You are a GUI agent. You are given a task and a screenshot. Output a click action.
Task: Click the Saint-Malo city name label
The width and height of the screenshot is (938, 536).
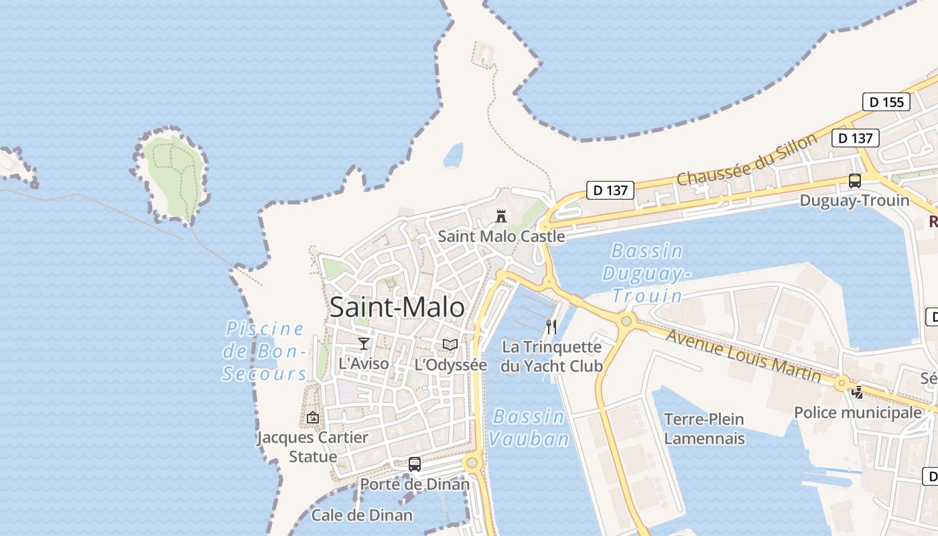(x=397, y=308)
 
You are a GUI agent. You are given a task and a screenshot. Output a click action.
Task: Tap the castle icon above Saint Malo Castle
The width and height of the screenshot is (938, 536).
(x=500, y=216)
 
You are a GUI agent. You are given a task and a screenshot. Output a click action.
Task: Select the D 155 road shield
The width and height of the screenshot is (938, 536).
(x=886, y=102)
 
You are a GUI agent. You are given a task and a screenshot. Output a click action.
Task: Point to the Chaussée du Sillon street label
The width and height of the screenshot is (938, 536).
(x=746, y=159)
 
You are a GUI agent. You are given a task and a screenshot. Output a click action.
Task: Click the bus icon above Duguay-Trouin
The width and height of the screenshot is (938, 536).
(x=855, y=181)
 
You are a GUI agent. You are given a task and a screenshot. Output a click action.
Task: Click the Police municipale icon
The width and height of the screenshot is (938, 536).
(x=858, y=393)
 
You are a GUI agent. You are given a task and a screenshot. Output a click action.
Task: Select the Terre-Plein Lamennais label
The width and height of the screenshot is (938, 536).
(x=704, y=429)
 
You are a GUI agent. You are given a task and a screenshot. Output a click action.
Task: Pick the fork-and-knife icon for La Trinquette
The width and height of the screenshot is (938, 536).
(x=551, y=327)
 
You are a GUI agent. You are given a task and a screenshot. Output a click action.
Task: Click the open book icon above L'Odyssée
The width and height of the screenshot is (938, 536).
(x=450, y=344)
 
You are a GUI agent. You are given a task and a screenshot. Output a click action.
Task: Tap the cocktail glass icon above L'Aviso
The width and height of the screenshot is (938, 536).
(x=364, y=344)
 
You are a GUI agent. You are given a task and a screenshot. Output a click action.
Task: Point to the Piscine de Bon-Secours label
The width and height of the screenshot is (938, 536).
(x=265, y=351)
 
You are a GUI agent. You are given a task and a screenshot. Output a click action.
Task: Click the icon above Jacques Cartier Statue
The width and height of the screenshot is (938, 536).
(x=313, y=417)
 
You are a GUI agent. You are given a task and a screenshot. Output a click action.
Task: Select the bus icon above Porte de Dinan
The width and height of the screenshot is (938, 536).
(x=415, y=464)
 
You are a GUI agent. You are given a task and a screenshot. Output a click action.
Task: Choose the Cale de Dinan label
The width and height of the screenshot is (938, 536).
(x=362, y=515)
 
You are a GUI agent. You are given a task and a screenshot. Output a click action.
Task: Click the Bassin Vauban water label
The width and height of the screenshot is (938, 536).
(x=529, y=427)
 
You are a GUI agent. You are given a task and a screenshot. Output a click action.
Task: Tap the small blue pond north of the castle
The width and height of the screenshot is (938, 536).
(x=454, y=155)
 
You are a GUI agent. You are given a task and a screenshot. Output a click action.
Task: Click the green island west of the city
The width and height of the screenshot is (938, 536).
(x=172, y=174)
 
